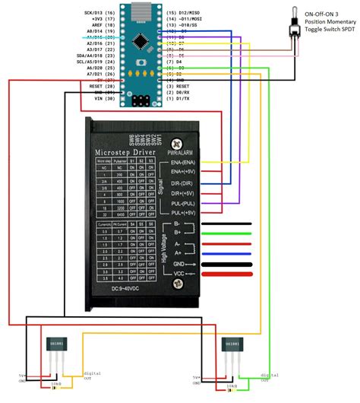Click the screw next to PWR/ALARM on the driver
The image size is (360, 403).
pyautogui.click(x=178, y=141)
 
